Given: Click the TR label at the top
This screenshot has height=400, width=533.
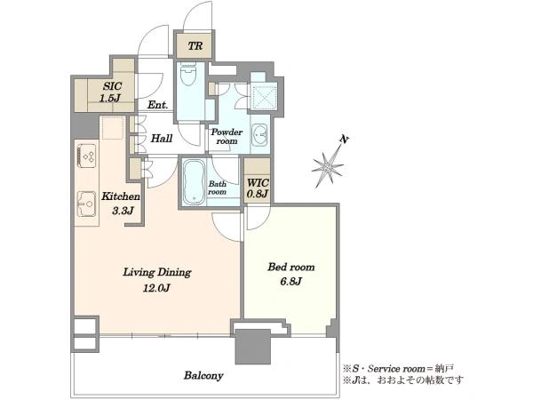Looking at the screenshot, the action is coord(195,45).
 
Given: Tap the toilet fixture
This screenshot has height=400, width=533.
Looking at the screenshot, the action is coord(188,76).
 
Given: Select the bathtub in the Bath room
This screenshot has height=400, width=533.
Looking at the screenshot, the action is coord(194,182).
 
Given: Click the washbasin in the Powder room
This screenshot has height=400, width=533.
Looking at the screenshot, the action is coord(260,133).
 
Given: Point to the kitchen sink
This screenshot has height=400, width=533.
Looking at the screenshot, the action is coord(87,204).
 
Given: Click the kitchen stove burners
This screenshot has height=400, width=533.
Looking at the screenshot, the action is coord(87,156).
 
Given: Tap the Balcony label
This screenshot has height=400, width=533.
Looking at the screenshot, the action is coord(203,376).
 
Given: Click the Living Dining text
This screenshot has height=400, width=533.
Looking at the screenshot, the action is coord(157,272).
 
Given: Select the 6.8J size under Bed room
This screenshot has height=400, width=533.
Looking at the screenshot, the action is coord(291,281).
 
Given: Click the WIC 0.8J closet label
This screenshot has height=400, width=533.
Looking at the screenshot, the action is coord(258,188).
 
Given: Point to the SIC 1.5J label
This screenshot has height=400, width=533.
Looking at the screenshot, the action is coord(111,92).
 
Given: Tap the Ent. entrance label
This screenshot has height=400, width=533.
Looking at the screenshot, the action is coord(157,105).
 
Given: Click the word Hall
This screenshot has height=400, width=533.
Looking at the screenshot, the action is coord(162,139).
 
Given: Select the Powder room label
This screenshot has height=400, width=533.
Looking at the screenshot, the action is coord(227,136).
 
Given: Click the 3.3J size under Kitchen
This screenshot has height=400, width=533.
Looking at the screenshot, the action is coord(123,211).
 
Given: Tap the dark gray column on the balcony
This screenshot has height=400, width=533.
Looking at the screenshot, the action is coord(253,347).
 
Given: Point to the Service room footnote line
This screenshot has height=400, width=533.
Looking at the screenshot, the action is coord(398,368).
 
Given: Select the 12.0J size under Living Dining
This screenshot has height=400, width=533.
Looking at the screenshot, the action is coord(156,288).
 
